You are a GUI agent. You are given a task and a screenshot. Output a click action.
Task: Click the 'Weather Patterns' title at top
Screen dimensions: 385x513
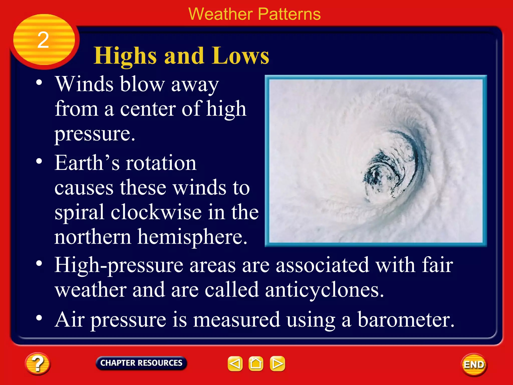click(254, 14)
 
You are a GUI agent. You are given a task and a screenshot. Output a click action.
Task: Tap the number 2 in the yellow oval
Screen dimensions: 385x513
click(43, 40)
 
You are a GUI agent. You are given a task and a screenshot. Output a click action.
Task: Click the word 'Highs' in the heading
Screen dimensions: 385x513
click(125, 56)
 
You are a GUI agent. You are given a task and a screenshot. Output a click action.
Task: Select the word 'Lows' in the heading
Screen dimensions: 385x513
click(240, 56)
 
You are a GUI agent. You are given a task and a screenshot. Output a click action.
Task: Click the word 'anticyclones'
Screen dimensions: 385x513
click(324, 290)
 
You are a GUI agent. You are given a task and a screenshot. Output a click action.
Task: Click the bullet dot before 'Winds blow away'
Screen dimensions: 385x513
click(39, 83)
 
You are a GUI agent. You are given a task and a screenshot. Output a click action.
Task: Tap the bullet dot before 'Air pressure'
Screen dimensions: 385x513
click(39, 318)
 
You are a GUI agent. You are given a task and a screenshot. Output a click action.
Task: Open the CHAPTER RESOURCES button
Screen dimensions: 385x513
click(141, 363)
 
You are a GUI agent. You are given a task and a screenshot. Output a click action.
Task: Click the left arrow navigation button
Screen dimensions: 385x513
click(235, 363)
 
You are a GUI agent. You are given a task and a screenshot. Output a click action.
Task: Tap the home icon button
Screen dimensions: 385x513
click(256, 363)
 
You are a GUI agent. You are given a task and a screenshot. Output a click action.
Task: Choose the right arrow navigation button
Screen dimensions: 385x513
click(277, 363)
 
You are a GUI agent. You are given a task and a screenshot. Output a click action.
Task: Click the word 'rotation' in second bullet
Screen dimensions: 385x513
click(161, 163)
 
